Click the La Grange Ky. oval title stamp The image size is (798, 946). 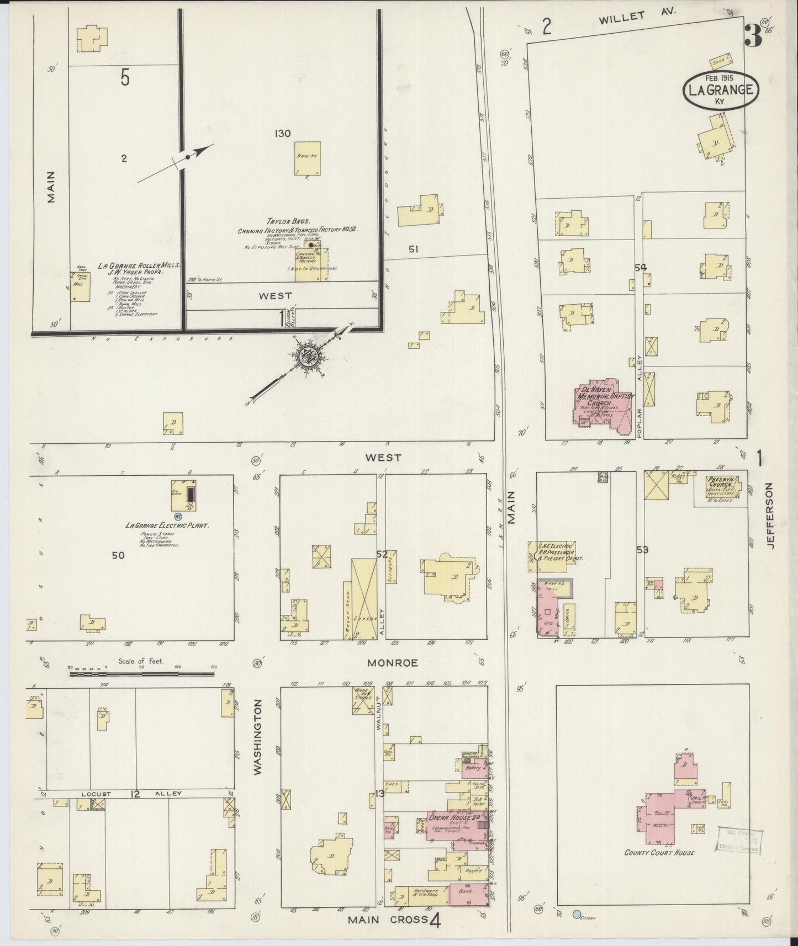tap(721, 90)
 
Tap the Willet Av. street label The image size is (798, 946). tap(637, 17)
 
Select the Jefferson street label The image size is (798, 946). tap(770, 514)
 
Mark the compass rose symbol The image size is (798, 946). tap(305, 357)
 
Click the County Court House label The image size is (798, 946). tap(659, 868)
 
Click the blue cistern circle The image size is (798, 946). tap(577, 915)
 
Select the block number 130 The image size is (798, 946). tap(282, 133)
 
